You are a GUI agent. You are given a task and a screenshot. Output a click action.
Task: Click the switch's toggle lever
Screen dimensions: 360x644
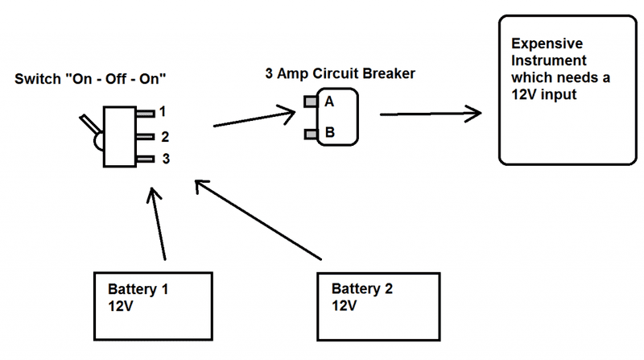pyautogui.click(x=86, y=126)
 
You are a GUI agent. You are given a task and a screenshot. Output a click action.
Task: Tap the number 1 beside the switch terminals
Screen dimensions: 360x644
pyautogui.click(x=163, y=112)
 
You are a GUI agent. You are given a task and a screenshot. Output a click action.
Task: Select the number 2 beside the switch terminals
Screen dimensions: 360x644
pyautogui.click(x=163, y=136)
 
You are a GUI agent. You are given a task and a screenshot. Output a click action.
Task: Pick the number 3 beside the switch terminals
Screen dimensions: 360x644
pyautogui.click(x=164, y=159)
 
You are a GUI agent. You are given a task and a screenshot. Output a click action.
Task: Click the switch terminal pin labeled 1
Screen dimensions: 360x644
pyautogui.click(x=145, y=113)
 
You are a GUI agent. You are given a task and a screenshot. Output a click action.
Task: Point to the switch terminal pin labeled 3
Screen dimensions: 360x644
pyautogui.click(x=145, y=159)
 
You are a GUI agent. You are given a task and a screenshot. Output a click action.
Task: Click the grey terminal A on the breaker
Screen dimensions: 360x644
pyautogui.click(x=311, y=102)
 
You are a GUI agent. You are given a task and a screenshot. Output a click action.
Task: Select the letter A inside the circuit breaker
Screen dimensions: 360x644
pyautogui.click(x=329, y=102)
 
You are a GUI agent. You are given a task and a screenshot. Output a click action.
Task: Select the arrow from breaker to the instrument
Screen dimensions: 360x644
pyautogui.click(x=436, y=114)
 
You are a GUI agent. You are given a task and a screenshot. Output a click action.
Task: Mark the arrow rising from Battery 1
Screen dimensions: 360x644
pyautogui.click(x=159, y=226)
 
